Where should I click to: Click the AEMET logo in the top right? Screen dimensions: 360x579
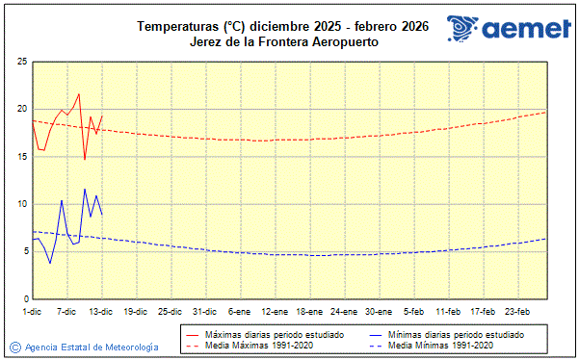tap(508, 29)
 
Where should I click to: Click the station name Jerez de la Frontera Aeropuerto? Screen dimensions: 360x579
tap(282, 42)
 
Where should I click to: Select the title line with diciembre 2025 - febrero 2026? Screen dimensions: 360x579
tap(282, 26)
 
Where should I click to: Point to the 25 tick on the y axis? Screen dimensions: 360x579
tap(21, 62)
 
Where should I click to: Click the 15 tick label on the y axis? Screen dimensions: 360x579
tap(21, 156)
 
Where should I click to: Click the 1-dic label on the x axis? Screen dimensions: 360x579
tap(32, 311)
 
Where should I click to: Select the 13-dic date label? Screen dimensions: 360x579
tap(101, 311)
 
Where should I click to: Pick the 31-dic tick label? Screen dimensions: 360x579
tap(204, 311)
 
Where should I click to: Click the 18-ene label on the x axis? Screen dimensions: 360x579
tap(308, 311)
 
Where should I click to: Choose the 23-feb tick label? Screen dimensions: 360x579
tap(516, 311)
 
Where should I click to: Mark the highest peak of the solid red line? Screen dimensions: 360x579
tap(79, 94)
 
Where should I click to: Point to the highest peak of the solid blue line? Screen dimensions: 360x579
tap(85, 189)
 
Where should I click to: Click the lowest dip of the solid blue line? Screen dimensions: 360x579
tap(50, 263)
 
